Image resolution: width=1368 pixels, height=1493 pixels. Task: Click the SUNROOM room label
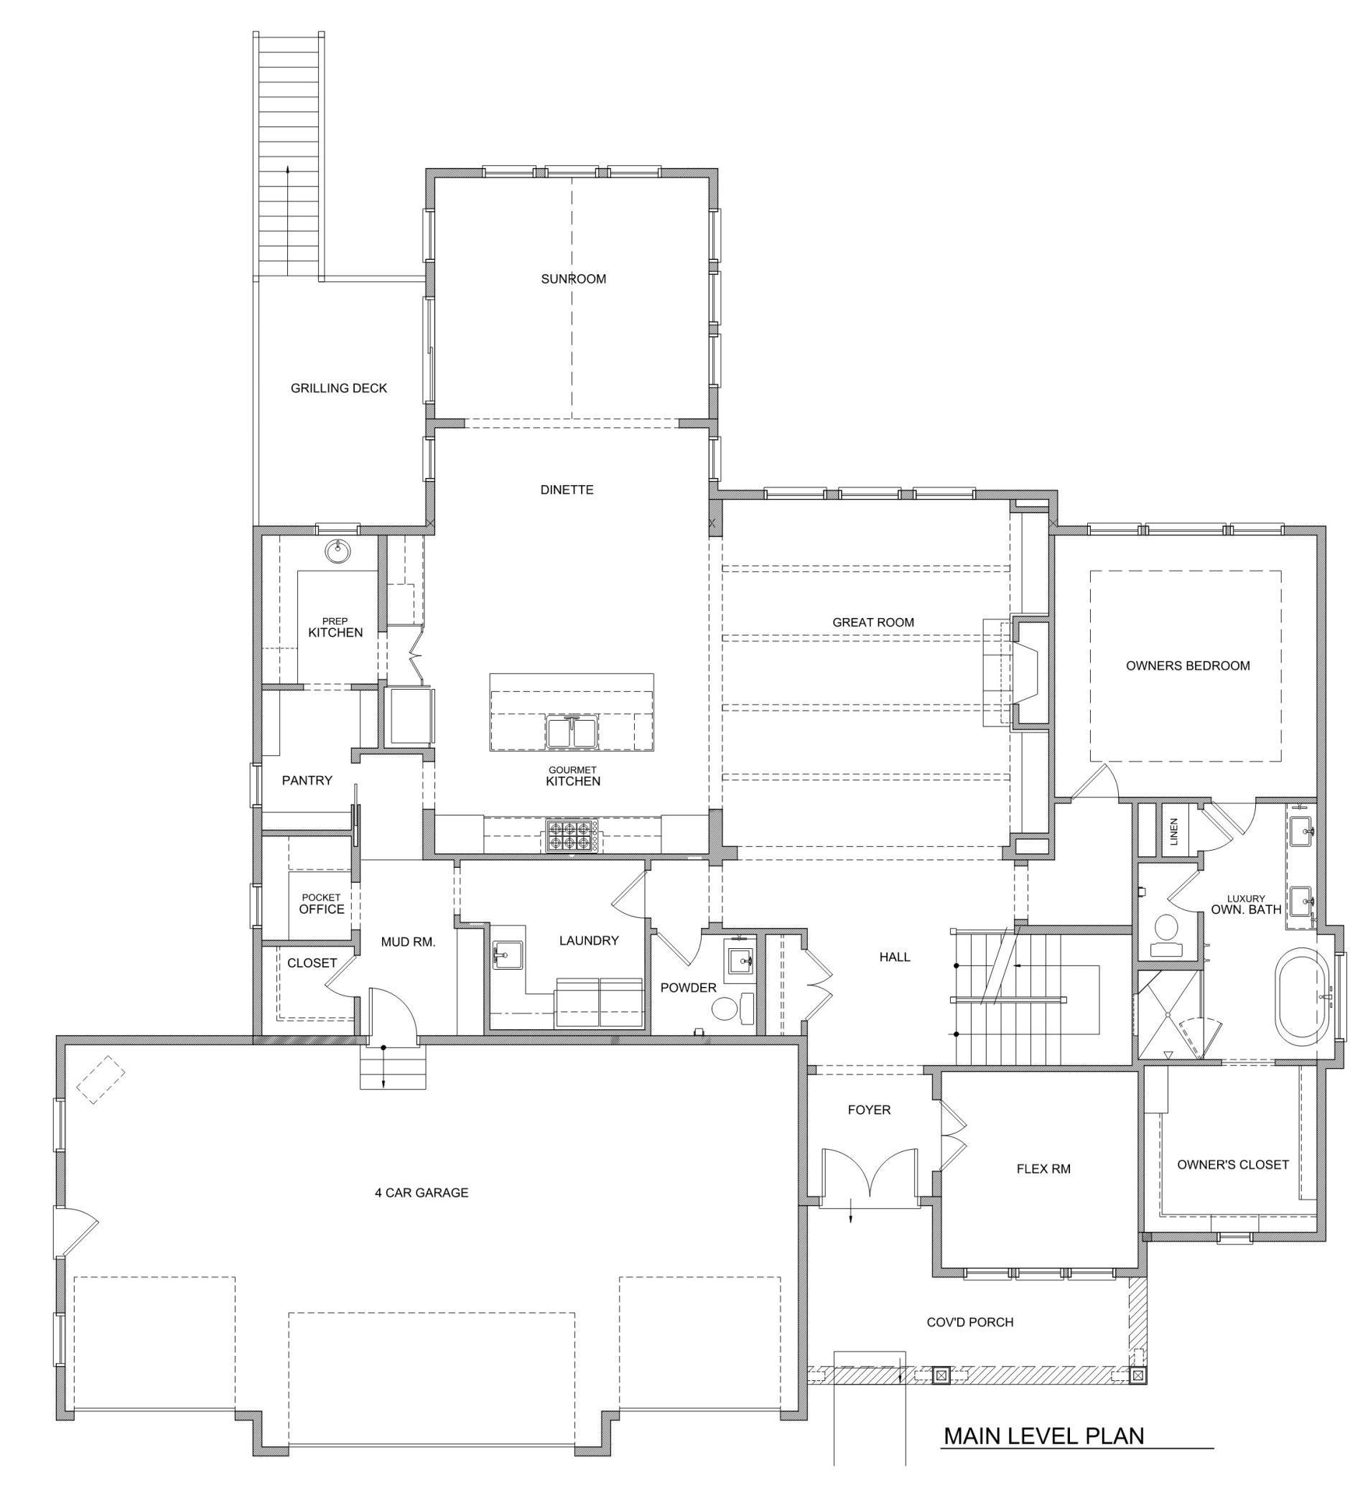[573, 279]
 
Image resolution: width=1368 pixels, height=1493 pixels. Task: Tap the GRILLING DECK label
[339, 388]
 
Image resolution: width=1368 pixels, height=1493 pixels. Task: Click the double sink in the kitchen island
[572, 731]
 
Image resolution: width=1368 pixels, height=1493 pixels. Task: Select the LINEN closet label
[1173, 832]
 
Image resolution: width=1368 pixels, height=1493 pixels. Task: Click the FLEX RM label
[1043, 1169]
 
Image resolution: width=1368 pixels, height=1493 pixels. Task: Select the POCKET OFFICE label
[322, 904]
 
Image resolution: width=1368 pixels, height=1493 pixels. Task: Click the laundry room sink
[508, 955]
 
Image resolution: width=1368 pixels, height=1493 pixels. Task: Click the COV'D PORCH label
[970, 1322]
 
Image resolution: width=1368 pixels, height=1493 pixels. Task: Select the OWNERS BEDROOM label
[1188, 666]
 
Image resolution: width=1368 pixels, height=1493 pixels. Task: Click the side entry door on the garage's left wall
[75, 1231]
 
